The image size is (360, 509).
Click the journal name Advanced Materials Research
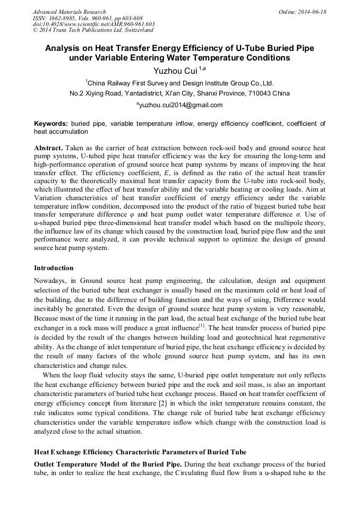[70, 12]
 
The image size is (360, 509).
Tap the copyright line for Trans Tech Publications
[93, 30]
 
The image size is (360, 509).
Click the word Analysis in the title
[63, 48]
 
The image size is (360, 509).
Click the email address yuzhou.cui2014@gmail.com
[181, 105]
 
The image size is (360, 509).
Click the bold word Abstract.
[49, 147]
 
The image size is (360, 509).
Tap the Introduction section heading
[54, 268]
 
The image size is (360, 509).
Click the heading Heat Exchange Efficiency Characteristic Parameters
[140, 452]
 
